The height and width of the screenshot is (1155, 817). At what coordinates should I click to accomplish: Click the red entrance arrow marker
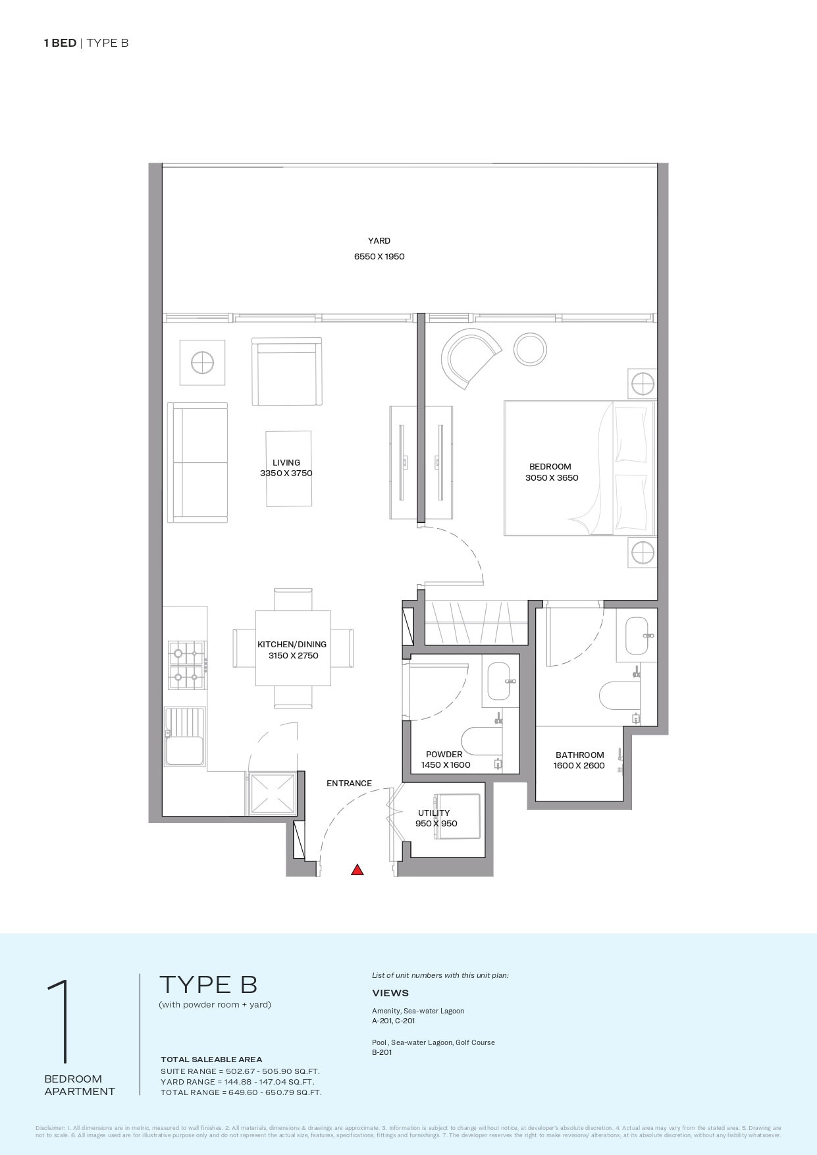point(357,870)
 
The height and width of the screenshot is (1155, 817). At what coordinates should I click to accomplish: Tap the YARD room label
point(379,241)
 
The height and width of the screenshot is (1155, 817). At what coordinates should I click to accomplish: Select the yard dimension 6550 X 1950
point(379,256)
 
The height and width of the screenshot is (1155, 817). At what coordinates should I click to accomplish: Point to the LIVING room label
point(286,462)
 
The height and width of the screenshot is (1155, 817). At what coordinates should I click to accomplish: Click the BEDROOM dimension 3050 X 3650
point(552,478)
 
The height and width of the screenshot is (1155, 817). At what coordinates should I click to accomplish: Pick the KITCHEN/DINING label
point(292,645)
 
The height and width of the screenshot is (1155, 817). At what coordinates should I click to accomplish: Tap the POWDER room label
point(444,755)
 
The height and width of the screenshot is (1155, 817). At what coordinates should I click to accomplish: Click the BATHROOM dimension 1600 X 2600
point(579,766)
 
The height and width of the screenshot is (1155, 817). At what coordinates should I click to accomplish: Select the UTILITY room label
point(434,813)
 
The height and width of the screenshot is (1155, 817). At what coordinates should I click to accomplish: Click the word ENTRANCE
point(349,784)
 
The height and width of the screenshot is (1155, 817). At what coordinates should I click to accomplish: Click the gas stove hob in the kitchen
point(186,665)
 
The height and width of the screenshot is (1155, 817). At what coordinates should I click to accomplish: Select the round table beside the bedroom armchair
point(531,349)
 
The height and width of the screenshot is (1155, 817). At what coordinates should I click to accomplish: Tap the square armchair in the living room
point(286,372)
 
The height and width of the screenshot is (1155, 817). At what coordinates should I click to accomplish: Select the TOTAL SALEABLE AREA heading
point(211,1060)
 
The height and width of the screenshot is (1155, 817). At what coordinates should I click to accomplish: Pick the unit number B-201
point(382,1052)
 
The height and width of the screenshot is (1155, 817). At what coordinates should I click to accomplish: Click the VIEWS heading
point(390,993)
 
